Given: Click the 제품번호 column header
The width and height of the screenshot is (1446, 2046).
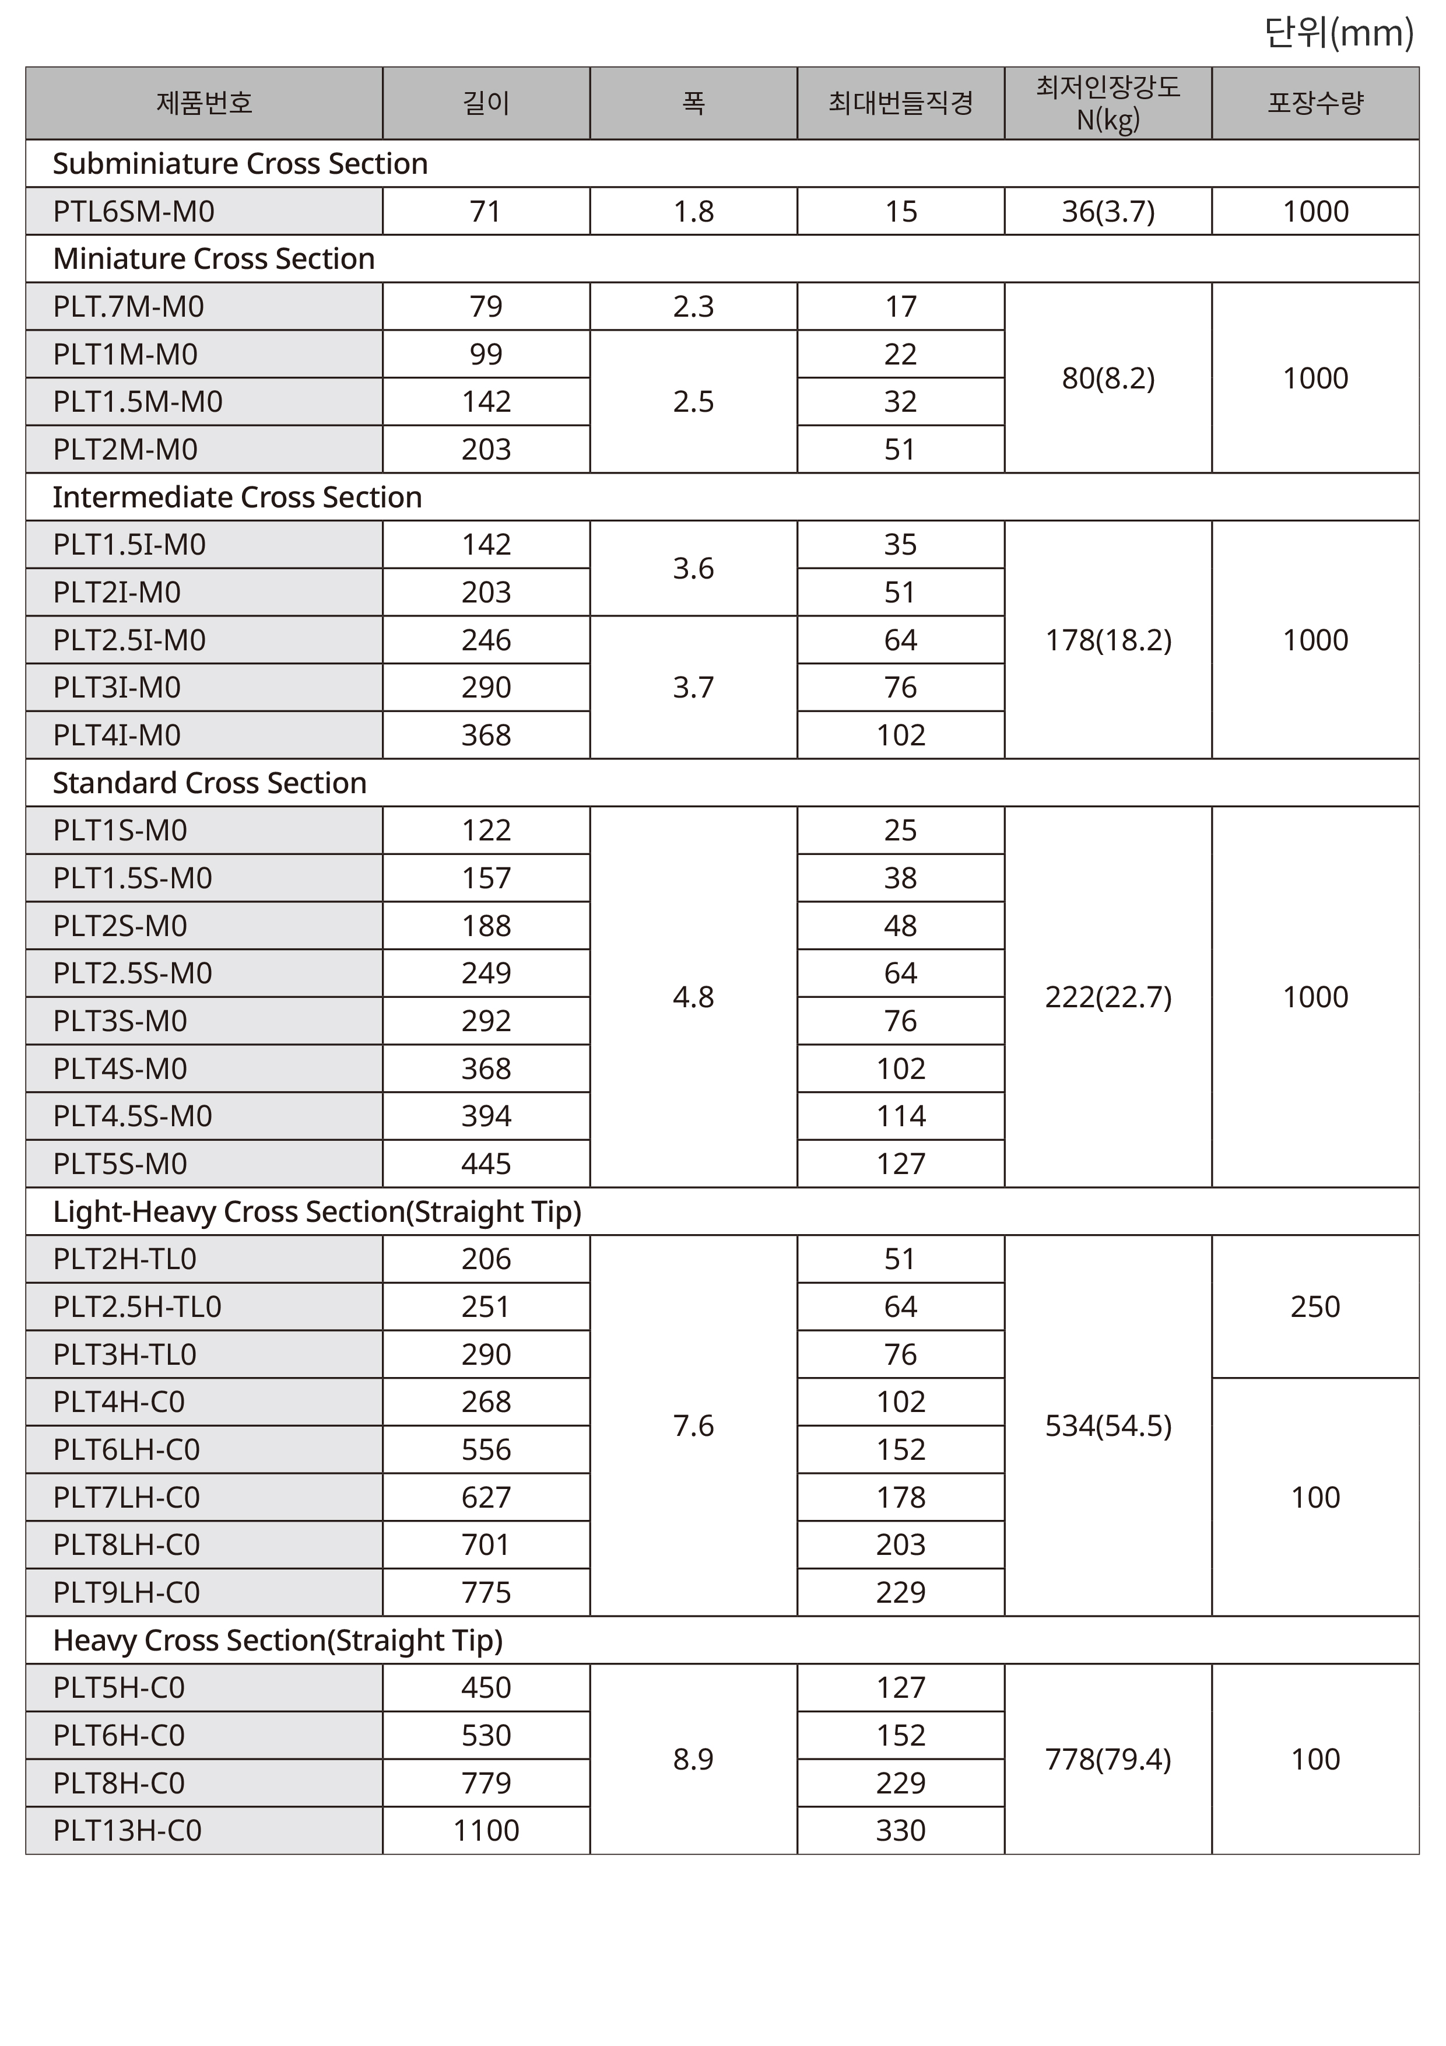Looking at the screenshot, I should tap(204, 103).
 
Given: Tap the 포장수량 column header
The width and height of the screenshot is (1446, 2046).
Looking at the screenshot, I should tap(1315, 103).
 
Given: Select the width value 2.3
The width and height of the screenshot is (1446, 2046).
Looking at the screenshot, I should tap(693, 307).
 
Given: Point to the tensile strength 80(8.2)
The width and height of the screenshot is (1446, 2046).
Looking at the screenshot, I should tap(1107, 378).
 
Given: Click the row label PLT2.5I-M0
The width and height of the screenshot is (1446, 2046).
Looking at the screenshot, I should tap(129, 640).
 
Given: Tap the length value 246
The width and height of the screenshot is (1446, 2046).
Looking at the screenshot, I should tap(486, 640).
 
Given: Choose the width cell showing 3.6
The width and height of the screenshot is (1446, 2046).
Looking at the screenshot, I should tap(693, 569).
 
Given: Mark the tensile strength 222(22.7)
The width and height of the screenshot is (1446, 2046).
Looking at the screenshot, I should tap(1107, 997).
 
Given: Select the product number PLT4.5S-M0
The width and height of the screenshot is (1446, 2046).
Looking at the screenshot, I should tap(133, 1116).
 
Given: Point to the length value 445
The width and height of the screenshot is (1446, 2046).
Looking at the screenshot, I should tap(486, 1164).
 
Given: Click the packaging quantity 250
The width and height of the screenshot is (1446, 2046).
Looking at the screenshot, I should tap(1315, 1307).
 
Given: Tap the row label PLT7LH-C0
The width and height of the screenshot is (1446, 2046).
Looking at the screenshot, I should tap(127, 1498).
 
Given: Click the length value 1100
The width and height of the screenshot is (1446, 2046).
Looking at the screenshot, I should tap(486, 1830).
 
